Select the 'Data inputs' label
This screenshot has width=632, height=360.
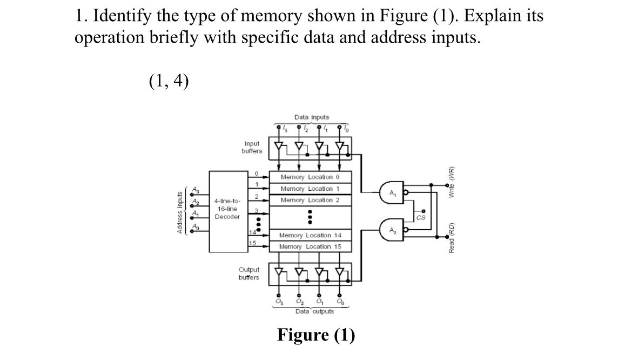coord(311,117)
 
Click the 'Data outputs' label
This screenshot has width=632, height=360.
coord(314,311)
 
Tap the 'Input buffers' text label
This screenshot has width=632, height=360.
coord(252,148)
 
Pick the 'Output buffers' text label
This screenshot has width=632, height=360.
coord(248,274)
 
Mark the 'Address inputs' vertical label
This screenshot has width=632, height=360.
coord(180,212)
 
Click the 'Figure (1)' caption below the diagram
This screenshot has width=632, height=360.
coord(316,335)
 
